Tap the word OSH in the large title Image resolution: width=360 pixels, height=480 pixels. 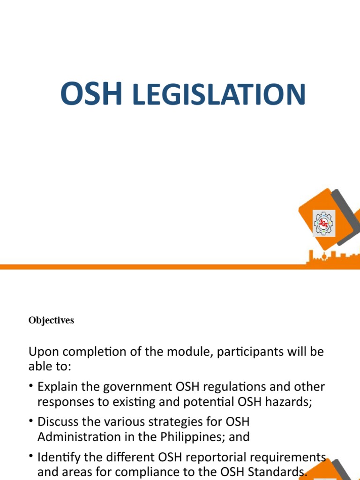(91, 94)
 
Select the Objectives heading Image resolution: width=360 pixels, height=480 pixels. (51, 321)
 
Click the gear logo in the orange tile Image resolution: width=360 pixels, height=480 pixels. (324, 223)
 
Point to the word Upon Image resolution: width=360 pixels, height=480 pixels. (45, 352)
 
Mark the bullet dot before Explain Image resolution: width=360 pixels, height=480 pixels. (31, 386)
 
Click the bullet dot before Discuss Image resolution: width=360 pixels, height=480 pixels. (31, 421)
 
